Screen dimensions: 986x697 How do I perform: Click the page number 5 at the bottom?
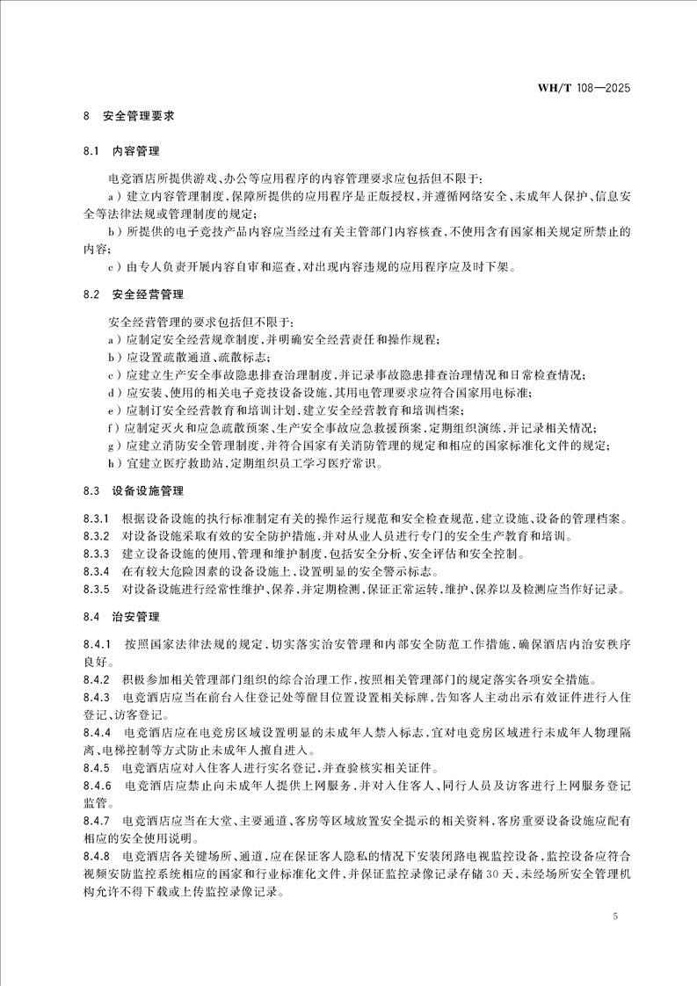click(x=615, y=917)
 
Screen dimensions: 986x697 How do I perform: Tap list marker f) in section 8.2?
click(x=113, y=428)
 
